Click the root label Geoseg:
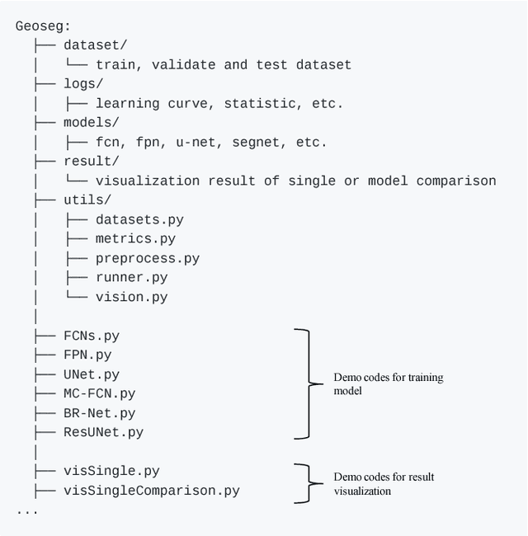point(43,26)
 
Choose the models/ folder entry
point(91,123)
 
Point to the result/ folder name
point(91,162)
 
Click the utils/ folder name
point(87,200)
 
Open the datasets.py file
point(139,220)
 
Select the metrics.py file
point(135,239)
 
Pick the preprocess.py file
point(148,259)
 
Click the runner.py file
point(132,278)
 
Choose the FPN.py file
point(87,355)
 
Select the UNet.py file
point(92,375)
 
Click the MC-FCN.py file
point(99,394)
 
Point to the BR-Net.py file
point(99,413)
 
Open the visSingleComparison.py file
point(152,491)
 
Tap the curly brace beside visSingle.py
point(307,482)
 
